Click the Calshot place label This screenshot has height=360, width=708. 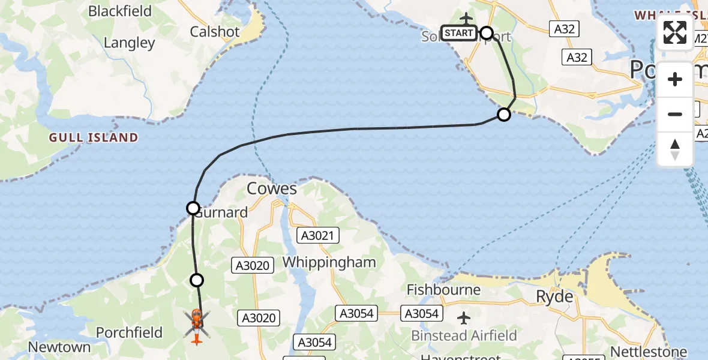coord(215,32)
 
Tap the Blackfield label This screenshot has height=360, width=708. coord(122,11)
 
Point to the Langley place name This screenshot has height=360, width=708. coord(129,43)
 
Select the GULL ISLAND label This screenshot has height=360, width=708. coord(94,138)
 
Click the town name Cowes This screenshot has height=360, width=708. coord(272,189)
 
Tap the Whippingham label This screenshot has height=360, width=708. coord(329,262)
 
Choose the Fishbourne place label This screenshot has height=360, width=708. coord(443,290)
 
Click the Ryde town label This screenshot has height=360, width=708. coord(555,296)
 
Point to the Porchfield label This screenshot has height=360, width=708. coord(130,332)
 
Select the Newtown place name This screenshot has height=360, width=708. coord(59,347)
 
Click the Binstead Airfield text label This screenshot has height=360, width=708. coord(464,335)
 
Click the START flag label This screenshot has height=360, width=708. coord(459,33)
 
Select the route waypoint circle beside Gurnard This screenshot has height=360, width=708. coord(193,208)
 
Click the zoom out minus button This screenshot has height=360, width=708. coord(675,114)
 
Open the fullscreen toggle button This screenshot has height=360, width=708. coord(675,32)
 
